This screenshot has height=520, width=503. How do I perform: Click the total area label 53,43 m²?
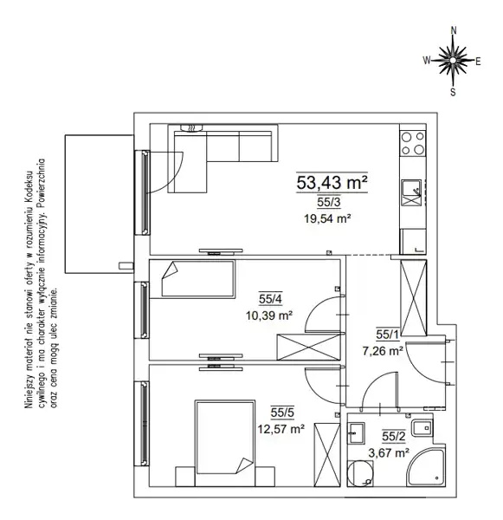coord(332,182)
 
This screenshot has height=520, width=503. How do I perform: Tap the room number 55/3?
coord(329,202)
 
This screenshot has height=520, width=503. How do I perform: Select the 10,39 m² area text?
coord(269,315)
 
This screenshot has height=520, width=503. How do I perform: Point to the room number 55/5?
coord(282,413)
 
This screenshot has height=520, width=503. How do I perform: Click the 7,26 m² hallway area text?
coord(383,350)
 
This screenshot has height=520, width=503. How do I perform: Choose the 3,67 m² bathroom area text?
coord(389,452)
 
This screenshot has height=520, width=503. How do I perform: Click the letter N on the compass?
coord(454,30)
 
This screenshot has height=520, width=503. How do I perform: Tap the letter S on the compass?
coord(453,92)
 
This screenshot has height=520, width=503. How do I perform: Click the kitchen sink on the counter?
coord(411,192)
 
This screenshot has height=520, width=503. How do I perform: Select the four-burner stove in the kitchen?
coord(413,143)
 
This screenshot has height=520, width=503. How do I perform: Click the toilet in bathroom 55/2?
coord(422,428)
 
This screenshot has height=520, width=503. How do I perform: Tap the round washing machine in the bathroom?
coord(360,473)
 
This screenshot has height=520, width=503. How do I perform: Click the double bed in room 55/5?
coord(225,438)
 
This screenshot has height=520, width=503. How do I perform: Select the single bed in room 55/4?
coord(198,278)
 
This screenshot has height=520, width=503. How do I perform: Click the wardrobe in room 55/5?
coord(327,455)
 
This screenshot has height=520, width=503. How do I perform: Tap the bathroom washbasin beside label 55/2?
coord(356,433)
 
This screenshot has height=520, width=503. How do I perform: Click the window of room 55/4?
coord(142,310)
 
